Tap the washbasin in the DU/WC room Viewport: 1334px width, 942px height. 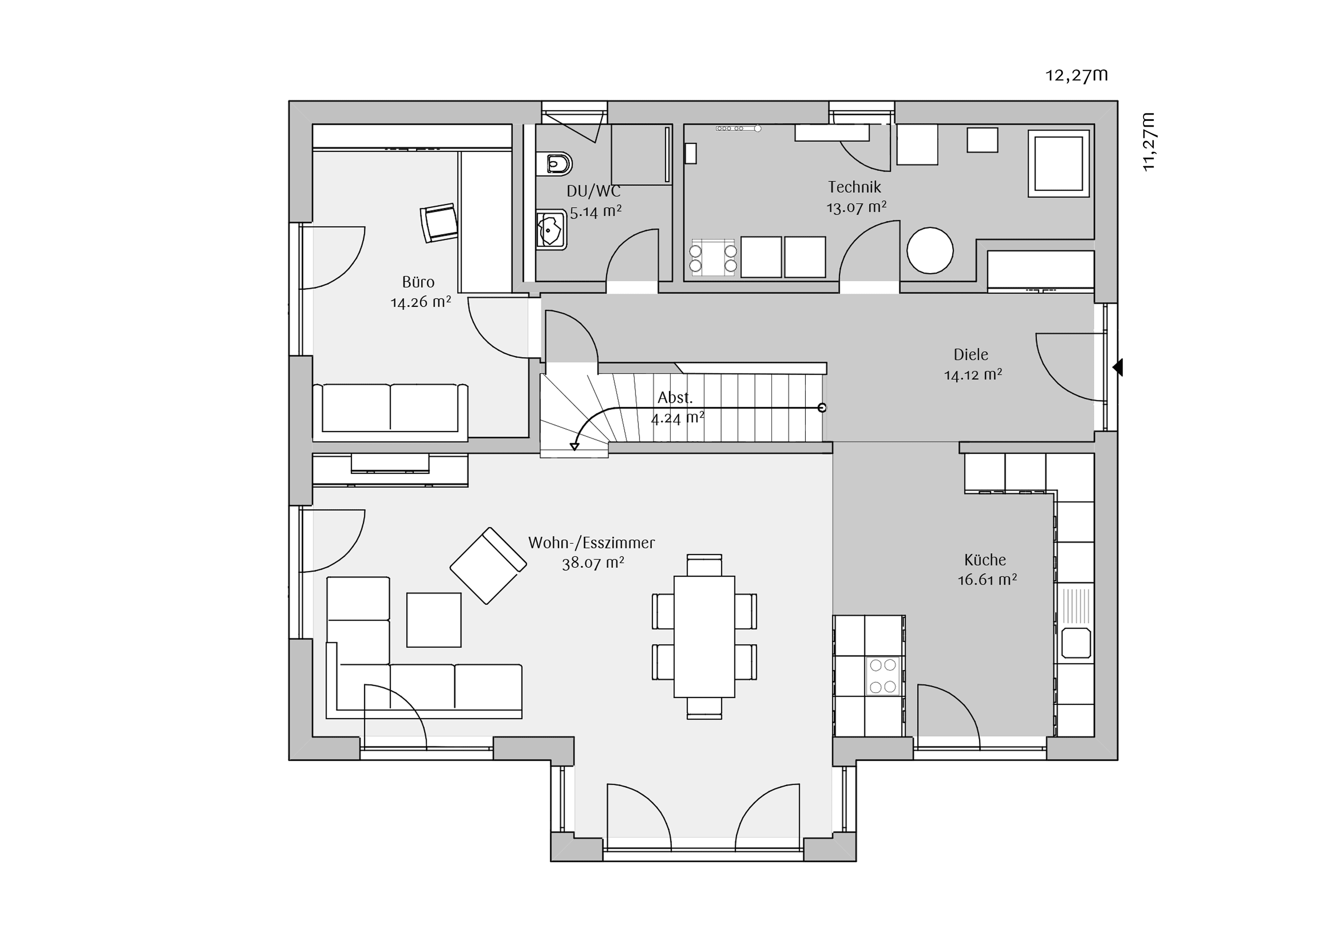point(550,230)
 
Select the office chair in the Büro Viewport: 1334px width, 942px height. point(439,222)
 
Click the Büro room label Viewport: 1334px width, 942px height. point(418,282)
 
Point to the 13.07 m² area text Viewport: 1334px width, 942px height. point(856,207)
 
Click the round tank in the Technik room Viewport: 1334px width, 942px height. point(930,250)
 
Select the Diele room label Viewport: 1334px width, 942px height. point(971,354)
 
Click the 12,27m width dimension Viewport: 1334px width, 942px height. point(1077,75)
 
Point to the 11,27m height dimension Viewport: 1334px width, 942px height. point(1148,142)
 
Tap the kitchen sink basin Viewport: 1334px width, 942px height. point(1076,643)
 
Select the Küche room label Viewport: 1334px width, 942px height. point(985,560)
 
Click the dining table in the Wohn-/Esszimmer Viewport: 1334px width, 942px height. point(704,637)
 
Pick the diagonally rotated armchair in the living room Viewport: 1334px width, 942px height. point(488,566)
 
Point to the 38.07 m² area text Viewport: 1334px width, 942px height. point(593,563)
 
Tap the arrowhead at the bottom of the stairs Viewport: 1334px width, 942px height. point(574,447)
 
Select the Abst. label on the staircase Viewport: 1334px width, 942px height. point(675,398)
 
